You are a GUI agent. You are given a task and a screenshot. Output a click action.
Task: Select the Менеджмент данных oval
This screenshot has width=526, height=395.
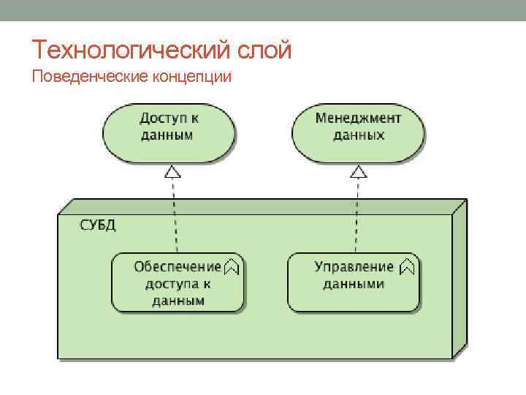point(358,133)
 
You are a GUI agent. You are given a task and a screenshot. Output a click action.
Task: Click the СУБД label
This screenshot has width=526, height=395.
point(97,225)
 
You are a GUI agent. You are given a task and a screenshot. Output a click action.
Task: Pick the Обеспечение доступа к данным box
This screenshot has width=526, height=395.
point(178,283)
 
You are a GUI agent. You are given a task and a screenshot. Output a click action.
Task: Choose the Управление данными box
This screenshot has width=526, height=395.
point(354,283)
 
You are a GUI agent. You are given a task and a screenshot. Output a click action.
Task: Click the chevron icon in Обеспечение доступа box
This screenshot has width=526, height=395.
point(232,267)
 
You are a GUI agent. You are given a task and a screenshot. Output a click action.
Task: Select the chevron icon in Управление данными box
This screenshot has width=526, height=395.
point(408,267)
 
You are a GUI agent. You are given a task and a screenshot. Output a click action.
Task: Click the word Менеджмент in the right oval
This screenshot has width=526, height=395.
point(358,118)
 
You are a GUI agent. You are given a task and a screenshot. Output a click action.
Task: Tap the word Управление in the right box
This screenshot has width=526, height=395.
point(354,267)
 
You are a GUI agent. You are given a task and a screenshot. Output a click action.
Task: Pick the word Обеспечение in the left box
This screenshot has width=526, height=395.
point(177,267)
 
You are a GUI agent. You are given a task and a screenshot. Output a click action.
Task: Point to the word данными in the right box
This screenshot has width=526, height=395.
point(354,284)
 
